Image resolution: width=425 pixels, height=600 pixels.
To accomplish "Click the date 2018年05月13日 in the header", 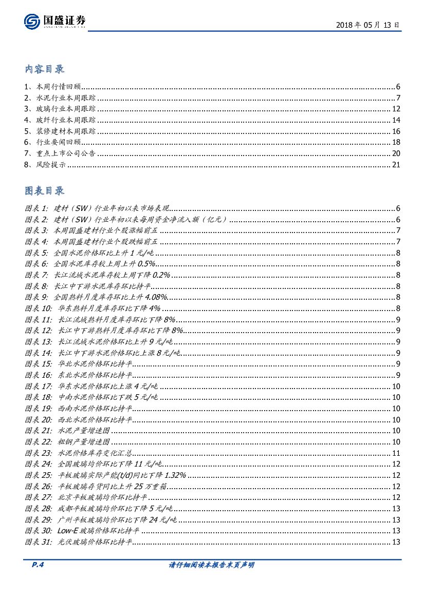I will (367, 25).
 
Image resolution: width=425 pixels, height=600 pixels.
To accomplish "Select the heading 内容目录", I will (45, 69).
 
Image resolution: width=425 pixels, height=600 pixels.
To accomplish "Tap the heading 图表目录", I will (45, 191).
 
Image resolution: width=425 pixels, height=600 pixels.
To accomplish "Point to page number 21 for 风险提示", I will (396, 165).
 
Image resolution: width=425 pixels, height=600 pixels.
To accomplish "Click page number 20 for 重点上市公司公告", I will (396, 153).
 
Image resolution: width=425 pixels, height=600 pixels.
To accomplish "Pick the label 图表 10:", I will (38, 308).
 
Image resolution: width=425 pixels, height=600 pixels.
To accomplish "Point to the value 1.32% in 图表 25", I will (174, 475).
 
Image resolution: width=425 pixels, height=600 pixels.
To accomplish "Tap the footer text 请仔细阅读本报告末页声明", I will (212, 565).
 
